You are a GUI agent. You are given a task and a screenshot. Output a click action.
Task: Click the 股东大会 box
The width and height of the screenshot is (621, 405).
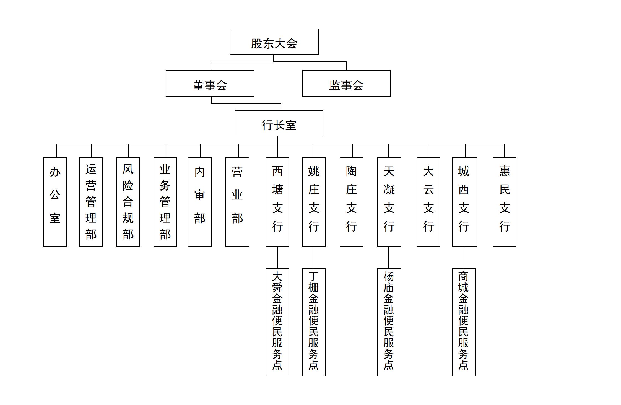pos(274,42)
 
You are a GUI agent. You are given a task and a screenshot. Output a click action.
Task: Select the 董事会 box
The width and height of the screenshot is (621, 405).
pos(210,83)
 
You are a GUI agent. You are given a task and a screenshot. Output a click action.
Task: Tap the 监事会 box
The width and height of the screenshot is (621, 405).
pos(346,83)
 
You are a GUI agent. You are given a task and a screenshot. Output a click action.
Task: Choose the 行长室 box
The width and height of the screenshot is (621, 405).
pos(279,123)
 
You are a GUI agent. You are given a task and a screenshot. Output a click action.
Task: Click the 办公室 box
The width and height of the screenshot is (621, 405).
pos(55,202)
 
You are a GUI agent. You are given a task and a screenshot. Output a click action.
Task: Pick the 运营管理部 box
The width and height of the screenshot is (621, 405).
pos(91,202)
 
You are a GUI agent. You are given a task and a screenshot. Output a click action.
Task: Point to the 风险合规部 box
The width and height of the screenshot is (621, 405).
pos(128,202)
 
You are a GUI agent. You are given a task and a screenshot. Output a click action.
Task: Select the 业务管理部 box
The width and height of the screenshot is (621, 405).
pos(165,202)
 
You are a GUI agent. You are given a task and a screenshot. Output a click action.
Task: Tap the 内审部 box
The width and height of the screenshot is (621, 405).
pos(199,202)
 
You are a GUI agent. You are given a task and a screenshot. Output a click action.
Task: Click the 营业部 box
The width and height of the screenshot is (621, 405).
pos(237,202)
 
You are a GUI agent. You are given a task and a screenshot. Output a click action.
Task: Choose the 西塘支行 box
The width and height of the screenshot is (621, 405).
pos(277,202)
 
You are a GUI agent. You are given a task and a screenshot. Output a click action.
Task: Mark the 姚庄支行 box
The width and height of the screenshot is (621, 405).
pos(314,202)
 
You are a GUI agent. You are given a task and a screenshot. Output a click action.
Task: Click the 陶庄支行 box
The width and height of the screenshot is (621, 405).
pos(351,202)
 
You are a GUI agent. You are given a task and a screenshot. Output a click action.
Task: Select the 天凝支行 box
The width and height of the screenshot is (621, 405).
pos(389,202)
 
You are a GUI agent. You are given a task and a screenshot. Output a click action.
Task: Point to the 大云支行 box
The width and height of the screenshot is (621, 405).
pos(428,202)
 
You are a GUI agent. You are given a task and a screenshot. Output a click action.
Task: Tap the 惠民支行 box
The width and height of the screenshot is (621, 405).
pos(505,202)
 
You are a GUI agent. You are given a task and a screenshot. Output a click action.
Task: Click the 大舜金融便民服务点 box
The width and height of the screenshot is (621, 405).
pos(277,322)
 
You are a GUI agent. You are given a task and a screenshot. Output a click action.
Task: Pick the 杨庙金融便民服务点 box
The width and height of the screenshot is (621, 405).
pos(389,322)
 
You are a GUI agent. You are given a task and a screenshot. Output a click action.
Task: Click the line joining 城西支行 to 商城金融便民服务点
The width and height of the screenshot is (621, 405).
pos(463,258)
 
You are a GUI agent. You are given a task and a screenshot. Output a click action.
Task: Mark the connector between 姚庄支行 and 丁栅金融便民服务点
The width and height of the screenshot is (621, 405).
pos(314,258)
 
